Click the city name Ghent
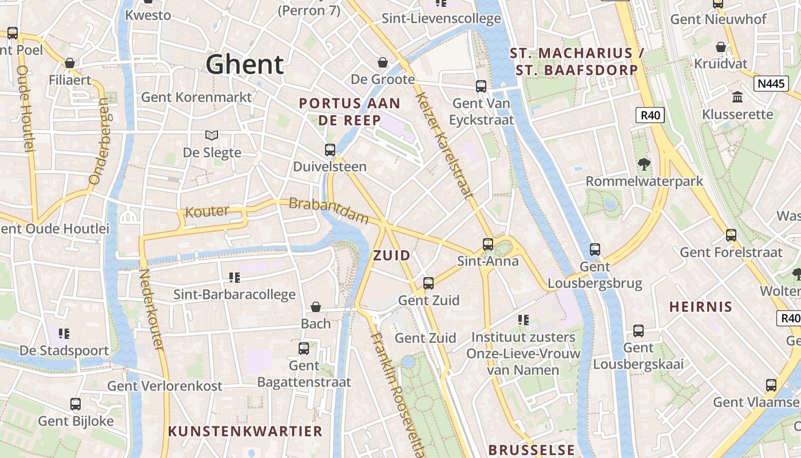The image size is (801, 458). (x=244, y=64)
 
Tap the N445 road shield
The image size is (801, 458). (x=771, y=84)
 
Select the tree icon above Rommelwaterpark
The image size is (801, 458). (x=644, y=165)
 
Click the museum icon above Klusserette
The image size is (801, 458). (x=737, y=97)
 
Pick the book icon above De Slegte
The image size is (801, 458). (x=212, y=136)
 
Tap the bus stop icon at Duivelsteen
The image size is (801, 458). (x=330, y=150)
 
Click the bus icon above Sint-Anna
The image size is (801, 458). (x=487, y=244)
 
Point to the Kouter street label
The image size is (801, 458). (x=207, y=211)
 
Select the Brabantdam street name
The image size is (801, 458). (x=329, y=210)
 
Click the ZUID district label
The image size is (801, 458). (x=392, y=255)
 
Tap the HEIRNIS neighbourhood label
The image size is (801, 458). (x=701, y=306)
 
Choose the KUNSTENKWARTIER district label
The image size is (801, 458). (x=245, y=431)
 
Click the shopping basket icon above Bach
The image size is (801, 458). (x=315, y=307)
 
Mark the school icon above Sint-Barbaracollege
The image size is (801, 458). (x=234, y=278)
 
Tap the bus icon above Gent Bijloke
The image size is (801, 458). (x=76, y=404)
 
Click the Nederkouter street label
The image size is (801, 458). (x=152, y=310)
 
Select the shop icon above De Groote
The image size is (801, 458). (x=382, y=62)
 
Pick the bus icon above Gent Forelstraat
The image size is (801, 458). (x=731, y=235)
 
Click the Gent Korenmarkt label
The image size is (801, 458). (x=196, y=97)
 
